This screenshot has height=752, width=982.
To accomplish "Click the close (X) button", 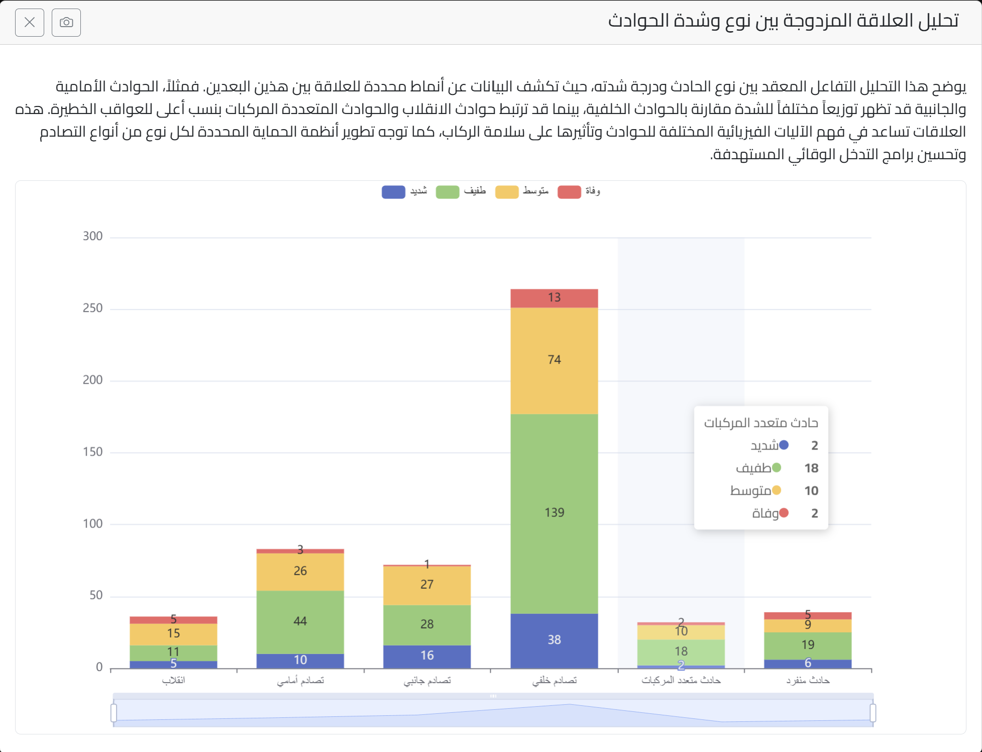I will coord(30,23).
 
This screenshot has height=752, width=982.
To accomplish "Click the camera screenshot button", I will coord(66,23).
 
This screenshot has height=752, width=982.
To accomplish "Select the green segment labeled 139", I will coord(554,513).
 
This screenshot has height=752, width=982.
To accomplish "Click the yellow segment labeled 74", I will coord(554,360).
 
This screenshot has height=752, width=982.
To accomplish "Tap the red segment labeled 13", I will coord(554,298).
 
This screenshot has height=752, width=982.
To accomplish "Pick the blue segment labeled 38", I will coord(554,640).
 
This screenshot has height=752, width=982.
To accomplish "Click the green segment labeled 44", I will coord(300,621).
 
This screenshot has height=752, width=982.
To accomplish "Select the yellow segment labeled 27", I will coord(427,585).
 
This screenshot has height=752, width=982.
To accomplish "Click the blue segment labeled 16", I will coord(427,656).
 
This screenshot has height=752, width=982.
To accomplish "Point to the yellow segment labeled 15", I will coord(173,633).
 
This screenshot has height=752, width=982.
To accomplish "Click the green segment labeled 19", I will coord(808,645).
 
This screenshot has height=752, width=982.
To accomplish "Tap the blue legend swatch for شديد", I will coord(393,192).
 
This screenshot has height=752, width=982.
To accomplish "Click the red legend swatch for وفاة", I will coord(569,192).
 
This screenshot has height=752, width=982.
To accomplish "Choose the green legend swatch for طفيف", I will coord(448,192).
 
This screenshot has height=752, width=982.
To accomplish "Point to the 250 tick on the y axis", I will coord(92,308).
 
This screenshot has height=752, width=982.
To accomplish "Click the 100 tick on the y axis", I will coord(92,524).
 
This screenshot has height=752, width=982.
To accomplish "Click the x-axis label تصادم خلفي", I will coord(554,681).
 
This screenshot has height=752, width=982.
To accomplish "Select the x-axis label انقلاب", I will coord(173,681).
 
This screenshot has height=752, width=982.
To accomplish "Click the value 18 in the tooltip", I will coord(811,468).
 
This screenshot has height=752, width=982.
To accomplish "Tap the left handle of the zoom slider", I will coord(114,712).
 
